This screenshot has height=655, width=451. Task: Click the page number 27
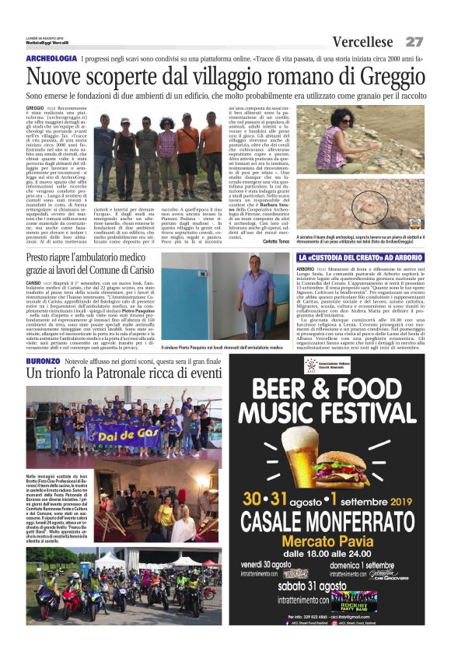click(414, 41)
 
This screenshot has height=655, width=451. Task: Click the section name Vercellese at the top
click(363, 41)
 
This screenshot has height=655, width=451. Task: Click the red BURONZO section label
click(42, 363)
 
